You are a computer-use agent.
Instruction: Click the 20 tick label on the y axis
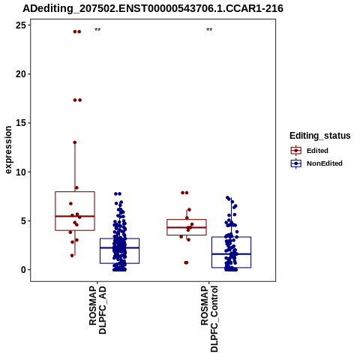(x=21, y=74)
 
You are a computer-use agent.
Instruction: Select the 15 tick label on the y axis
(x=21, y=123)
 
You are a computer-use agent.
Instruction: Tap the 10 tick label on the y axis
(x=21, y=172)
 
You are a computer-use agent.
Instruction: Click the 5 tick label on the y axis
(x=23, y=221)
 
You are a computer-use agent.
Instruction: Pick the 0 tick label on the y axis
(x=23, y=270)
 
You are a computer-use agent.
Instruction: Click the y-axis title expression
(x=8, y=150)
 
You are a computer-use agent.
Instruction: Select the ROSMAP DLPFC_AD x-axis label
(x=97, y=310)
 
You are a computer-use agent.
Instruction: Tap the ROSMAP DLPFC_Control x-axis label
(x=209, y=319)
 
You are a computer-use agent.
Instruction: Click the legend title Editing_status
(x=320, y=136)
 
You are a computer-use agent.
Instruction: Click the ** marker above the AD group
(x=97, y=30)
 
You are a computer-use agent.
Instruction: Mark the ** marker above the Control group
(x=209, y=30)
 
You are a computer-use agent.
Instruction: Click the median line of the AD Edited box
(x=75, y=216)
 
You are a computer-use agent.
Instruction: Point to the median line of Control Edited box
(x=187, y=227)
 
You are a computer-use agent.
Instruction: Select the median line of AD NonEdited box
(x=119, y=247)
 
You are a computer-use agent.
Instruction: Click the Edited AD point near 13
(x=75, y=142)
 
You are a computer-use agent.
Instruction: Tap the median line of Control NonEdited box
(x=231, y=254)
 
